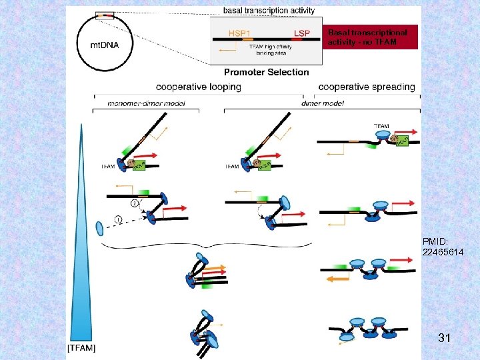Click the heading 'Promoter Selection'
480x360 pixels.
pos(267,72)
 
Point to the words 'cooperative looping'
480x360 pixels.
pos(199,87)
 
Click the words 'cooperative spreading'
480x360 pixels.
pos(367,87)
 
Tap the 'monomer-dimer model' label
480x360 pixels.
pos(146,103)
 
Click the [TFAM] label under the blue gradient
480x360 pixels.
pos(81,348)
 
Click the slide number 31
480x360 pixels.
pos(445,339)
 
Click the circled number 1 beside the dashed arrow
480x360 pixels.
pos(119,218)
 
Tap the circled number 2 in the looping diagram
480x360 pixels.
pos(134,203)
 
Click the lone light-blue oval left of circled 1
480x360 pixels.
pos(101,229)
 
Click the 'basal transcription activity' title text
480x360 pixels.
pos(269,11)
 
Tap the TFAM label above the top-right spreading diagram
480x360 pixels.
pos(382,125)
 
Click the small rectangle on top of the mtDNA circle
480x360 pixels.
pos(104,15)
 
